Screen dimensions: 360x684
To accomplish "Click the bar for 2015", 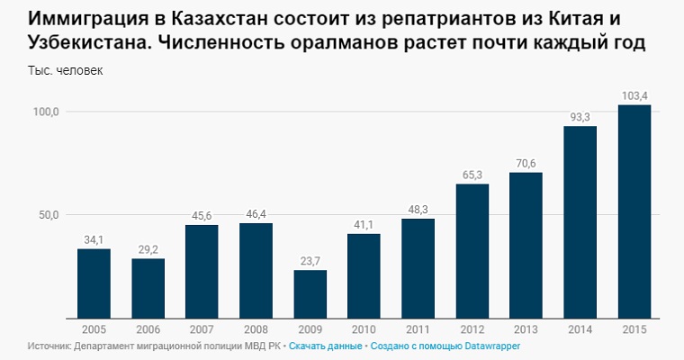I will pyautogui.click(x=634, y=211).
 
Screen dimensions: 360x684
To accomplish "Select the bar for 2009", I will pyautogui.click(x=310, y=294).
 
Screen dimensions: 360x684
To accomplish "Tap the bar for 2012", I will pyautogui.click(x=472, y=251).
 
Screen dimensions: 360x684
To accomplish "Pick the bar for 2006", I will pyautogui.click(x=148, y=288).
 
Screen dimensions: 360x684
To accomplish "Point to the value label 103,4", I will pyautogui.click(x=634, y=95).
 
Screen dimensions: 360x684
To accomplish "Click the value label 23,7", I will pyautogui.click(x=310, y=260).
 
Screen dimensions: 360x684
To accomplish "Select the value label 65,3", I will pyautogui.click(x=472, y=175).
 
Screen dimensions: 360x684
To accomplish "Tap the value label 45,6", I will pyautogui.click(x=202, y=215).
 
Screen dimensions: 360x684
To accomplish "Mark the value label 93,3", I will pyautogui.click(x=580, y=117).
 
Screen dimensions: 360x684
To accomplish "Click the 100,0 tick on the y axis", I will pyautogui.click(x=46, y=112).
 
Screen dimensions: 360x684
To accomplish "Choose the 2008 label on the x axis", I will pyautogui.click(x=256, y=329).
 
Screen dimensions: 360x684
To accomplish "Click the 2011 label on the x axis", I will pyautogui.click(x=418, y=329).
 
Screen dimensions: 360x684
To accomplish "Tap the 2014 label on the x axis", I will pyautogui.click(x=580, y=329).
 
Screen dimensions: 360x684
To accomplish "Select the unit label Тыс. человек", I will pyautogui.click(x=66, y=71).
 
